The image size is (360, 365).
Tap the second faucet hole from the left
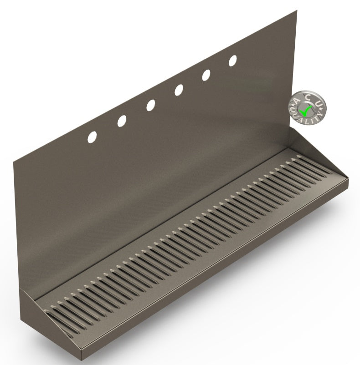click(x=122, y=121)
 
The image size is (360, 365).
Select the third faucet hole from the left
click(x=150, y=105)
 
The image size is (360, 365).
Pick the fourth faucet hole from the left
click(x=179, y=90)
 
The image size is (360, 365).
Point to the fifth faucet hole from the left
click(x=206, y=75)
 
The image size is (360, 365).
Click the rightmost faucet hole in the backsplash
click(x=233, y=60)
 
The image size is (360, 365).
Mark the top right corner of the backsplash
click(x=297, y=10)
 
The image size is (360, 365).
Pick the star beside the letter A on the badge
click(x=292, y=107)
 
